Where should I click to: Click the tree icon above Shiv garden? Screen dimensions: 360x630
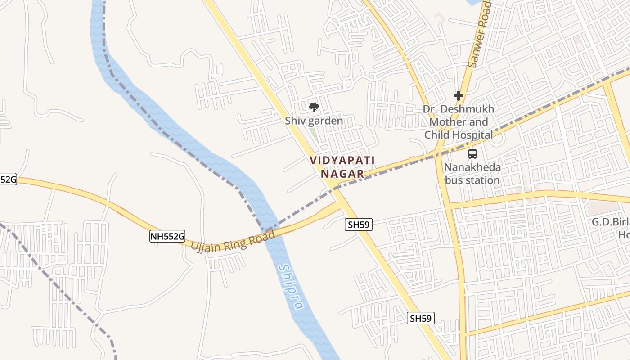(314, 107)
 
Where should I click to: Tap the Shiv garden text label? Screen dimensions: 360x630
(314, 121)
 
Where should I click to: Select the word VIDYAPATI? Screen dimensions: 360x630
(342, 160)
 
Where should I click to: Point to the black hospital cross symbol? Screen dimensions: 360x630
(459, 96)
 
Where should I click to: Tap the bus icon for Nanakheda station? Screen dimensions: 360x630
(472, 154)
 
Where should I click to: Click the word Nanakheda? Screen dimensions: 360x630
(472, 167)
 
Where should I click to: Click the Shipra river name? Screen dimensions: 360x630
(291, 286)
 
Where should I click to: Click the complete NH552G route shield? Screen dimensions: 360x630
(167, 236)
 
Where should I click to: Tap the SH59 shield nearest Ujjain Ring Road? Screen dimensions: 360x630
(359, 225)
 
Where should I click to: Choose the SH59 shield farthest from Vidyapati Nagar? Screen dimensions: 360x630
(421, 319)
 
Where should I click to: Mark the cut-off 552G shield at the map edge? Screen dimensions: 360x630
(8, 179)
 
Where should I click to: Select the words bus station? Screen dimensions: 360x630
(472, 180)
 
